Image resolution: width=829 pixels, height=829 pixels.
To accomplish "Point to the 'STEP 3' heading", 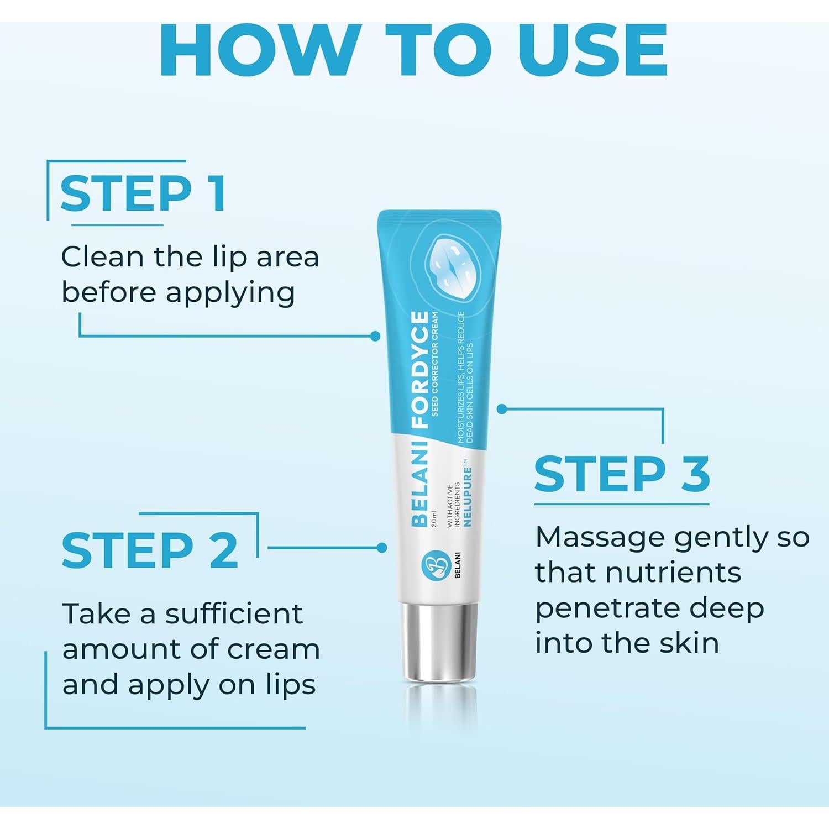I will tap(622, 474).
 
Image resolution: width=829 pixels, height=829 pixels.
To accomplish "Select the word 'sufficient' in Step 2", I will tap(234, 614).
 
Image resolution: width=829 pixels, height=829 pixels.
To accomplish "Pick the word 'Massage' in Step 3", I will tap(594, 537).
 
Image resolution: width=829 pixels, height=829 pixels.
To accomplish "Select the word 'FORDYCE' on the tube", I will tap(420, 369).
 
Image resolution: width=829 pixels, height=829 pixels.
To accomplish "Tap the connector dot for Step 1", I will tap(376, 335).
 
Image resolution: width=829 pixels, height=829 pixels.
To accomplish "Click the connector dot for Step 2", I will tap(381, 548).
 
